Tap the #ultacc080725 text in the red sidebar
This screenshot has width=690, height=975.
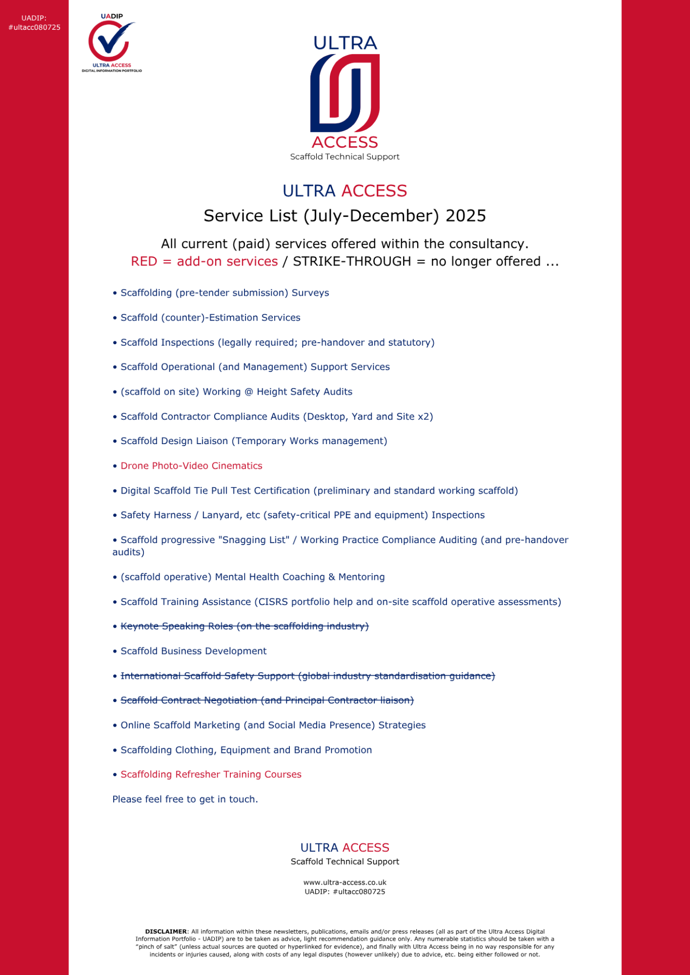pyautogui.click(x=34, y=27)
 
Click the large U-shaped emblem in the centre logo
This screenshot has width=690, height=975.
pyautogui.click(x=345, y=93)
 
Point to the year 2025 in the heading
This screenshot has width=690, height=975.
pyautogui.click(x=465, y=216)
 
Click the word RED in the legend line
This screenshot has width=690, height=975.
pyautogui.click(x=144, y=261)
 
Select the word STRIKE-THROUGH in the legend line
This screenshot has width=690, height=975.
pyautogui.click(x=352, y=261)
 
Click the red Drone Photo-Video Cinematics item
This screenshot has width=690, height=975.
pyautogui.click(x=191, y=466)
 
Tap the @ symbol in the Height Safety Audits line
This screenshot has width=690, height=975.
pyautogui.click(x=249, y=392)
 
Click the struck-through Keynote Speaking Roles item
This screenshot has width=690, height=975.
pyautogui.click(x=244, y=626)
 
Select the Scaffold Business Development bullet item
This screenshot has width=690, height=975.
pyautogui.click(x=193, y=651)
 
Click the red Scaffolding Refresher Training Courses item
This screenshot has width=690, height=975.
pyautogui.click(x=211, y=775)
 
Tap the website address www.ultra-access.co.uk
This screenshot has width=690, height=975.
pyautogui.click(x=345, y=883)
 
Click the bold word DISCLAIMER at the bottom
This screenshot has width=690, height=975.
pyautogui.click(x=166, y=932)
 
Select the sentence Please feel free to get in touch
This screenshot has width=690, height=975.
pyautogui.click(x=185, y=799)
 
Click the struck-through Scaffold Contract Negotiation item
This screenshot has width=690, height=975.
pyautogui.click(x=267, y=700)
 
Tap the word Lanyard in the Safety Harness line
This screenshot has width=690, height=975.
pyautogui.click(x=221, y=515)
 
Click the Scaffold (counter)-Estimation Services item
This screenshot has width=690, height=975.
pyautogui.click(x=210, y=318)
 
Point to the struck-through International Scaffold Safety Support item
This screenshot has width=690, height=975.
pyautogui.click(x=307, y=676)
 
